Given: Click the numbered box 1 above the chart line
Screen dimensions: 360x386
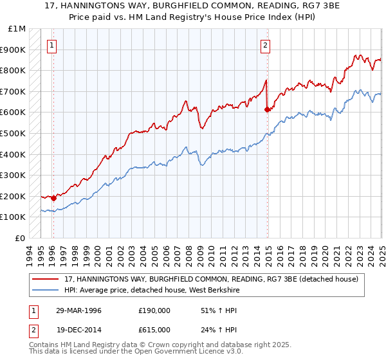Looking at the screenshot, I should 51,45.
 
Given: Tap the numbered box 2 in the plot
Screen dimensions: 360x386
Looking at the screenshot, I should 265,45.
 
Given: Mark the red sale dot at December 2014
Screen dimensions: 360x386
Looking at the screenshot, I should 268,109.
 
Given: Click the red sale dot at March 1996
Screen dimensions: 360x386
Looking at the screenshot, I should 54,199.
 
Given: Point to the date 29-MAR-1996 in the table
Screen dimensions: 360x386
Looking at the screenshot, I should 79,310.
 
